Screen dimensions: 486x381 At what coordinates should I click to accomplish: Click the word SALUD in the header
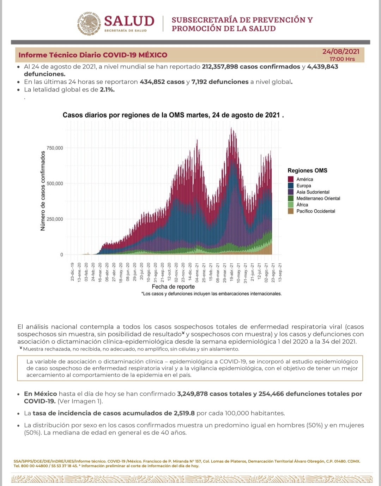pyautogui.click(x=129, y=21)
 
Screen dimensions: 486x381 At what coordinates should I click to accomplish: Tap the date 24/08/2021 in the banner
pyautogui.click(x=341, y=52)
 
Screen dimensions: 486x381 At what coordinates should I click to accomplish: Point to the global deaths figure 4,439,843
pyautogui.click(x=322, y=67)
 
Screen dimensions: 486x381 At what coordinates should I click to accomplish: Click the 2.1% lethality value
pyautogui.click(x=107, y=90)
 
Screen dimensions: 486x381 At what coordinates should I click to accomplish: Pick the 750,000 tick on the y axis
pyautogui.click(x=55, y=148)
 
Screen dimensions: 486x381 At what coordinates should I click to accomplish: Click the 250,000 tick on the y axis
pyautogui.click(x=55, y=219)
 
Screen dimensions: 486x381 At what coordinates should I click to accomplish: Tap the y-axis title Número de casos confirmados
pyautogui.click(x=43, y=191)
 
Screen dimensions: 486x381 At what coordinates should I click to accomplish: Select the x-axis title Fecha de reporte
pyautogui.click(x=173, y=287)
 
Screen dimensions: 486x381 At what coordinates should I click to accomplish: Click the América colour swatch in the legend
pyautogui.click(x=291, y=179)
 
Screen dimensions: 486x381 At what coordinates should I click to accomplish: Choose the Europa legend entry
pyautogui.click(x=304, y=186)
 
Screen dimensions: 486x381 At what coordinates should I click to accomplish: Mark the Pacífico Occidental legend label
pyautogui.click(x=316, y=211)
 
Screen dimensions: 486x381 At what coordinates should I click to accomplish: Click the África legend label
pyautogui.click(x=302, y=205)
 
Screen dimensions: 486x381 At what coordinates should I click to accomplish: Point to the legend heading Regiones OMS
pyautogui.click(x=307, y=170)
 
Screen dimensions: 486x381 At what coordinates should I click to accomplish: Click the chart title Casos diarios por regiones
pyautogui.click(x=173, y=115)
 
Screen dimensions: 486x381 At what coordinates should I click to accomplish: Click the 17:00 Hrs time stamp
pyautogui.click(x=342, y=59)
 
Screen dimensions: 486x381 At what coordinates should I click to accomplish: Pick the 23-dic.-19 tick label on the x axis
pyautogui.click(x=72, y=272)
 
